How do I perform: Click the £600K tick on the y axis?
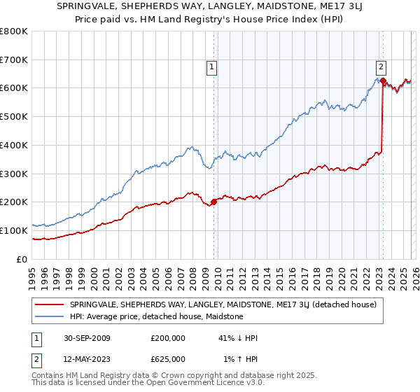click(14, 88)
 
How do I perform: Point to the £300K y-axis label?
click(14, 174)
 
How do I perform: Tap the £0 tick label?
click(22, 259)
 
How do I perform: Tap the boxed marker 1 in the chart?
click(212, 67)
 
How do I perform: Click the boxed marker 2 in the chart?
click(381, 67)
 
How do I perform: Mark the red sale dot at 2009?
click(213, 202)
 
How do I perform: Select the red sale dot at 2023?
click(383, 80)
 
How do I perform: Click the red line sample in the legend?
click(50, 304)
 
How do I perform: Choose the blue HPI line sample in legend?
click(50, 316)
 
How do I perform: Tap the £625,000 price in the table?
click(168, 359)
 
